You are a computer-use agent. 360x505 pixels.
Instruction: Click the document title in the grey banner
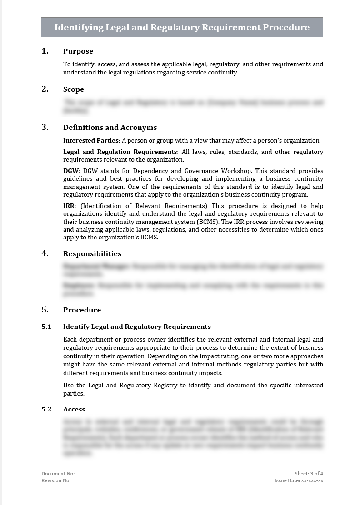[x=182, y=27]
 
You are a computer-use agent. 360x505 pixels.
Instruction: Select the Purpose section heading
[x=78, y=51]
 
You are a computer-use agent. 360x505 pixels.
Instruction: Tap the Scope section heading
[x=73, y=89]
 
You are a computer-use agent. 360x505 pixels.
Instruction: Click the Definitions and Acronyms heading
[x=110, y=128]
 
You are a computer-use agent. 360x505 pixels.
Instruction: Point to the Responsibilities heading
[x=92, y=254]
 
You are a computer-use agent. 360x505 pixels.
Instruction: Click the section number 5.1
[x=46, y=327]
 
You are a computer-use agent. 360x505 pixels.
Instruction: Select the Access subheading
[x=74, y=409]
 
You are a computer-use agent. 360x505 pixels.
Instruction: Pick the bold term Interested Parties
[x=91, y=140]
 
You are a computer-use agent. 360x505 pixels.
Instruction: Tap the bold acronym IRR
[x=69, y=206]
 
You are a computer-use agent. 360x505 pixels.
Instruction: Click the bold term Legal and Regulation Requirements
[x=120, y=152]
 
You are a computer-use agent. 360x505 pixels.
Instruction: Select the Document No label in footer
[x=58, y=474]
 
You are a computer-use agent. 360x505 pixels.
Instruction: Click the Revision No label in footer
[x=56, y=480]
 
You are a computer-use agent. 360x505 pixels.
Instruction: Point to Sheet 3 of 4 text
[x=309, y=474]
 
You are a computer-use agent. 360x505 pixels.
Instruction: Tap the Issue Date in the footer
[x=299, y=480]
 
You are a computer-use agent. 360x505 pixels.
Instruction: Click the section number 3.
[x=45, y=127]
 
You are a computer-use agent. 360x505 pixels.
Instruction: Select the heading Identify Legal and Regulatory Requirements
[x=137, y=327]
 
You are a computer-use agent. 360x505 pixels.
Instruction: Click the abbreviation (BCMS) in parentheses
[x=209, y=222]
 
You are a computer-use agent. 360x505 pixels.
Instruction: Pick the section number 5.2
[x=46, y=409]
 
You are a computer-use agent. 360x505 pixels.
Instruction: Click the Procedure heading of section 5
[x=82, y=310]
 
